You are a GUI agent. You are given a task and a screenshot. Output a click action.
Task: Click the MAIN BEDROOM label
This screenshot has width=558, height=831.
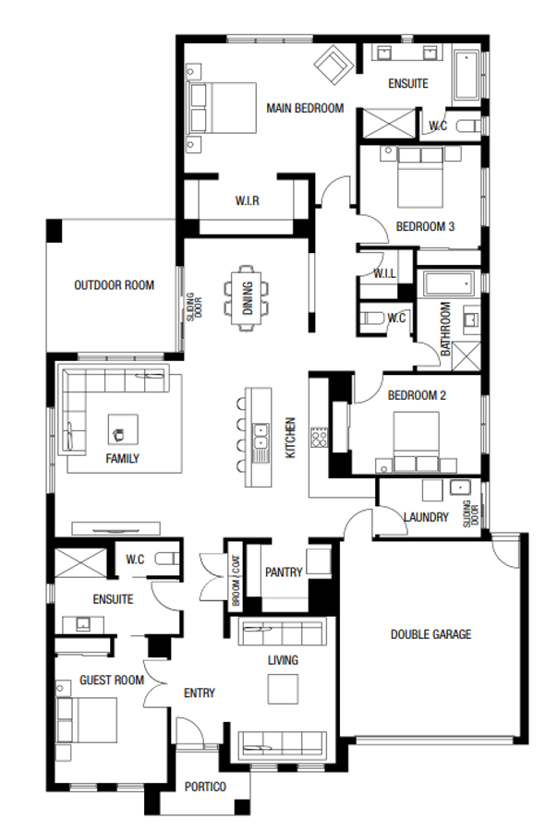click(304, 108)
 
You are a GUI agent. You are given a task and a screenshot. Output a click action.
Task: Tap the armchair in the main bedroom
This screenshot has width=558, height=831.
click(332, 65)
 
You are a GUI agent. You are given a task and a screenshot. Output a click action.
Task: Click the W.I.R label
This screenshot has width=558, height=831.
click(246, 200)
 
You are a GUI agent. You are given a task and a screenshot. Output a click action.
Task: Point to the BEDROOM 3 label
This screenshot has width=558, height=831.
click(424, 226)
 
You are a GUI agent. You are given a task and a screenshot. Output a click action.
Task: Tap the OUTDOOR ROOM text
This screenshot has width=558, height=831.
click(114, 285)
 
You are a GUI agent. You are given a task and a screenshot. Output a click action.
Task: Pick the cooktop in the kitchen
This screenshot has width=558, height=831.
click(320, 436)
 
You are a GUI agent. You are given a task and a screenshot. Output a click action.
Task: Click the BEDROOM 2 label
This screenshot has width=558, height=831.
click(417, 395)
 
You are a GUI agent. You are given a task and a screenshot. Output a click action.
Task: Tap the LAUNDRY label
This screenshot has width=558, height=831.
click(426, 517)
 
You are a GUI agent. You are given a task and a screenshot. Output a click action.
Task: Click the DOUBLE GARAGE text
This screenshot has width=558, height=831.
click(431, 634)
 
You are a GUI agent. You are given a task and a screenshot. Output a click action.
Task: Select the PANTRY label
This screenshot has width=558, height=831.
click(283, 572)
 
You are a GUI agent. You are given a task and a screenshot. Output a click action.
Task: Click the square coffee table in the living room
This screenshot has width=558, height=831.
click(283, 689)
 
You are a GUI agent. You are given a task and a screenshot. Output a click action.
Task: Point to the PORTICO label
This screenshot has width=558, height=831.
click(205, 786)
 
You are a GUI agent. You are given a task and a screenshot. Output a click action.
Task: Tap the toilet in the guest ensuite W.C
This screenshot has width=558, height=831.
click(166, 559)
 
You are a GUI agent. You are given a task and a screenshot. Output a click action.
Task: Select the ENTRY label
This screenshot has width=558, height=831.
click(200, 692)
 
